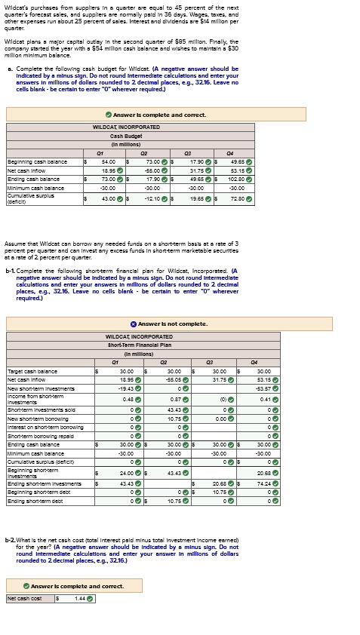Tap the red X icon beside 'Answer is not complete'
(133, 324)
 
